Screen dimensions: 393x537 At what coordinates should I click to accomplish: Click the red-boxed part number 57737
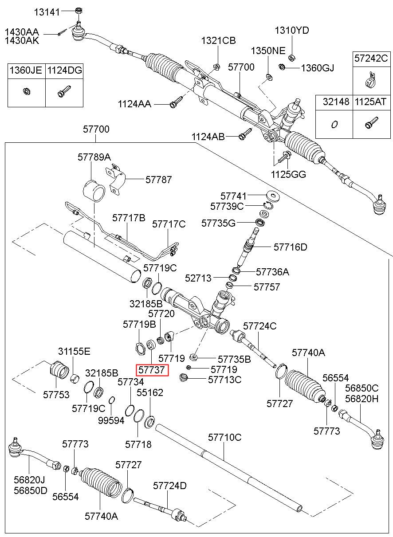click(152, 370)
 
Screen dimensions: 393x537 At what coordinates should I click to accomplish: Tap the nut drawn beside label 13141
click(79, 11)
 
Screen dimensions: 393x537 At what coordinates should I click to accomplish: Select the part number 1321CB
click(218, 40)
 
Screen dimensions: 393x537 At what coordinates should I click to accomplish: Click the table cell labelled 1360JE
click(26, 71)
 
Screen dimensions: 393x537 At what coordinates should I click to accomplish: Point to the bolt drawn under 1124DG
click(64, 91)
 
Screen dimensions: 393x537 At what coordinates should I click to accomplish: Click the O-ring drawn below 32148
click(334, 125)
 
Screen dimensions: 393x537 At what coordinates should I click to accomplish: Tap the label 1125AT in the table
click(371, 102)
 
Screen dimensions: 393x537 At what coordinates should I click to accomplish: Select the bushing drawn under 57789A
click(94, 191)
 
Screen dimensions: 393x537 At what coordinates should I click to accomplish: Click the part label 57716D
click(291, 247)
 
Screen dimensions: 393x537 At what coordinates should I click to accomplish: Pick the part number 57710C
click(225, 437)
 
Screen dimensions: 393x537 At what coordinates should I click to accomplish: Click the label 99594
click(111, 420)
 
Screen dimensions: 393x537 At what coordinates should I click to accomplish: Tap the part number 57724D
click(170, 486)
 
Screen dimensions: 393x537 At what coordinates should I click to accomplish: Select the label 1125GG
click(288, 174)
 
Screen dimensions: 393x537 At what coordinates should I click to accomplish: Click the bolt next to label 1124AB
click(245, 133)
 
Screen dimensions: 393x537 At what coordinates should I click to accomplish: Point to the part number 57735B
click(234, 359)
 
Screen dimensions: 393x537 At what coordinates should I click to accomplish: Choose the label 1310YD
click(292, 31)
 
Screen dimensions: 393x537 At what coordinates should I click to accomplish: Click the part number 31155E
click(74, 351)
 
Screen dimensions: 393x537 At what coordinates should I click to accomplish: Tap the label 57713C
click(225, 380)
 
